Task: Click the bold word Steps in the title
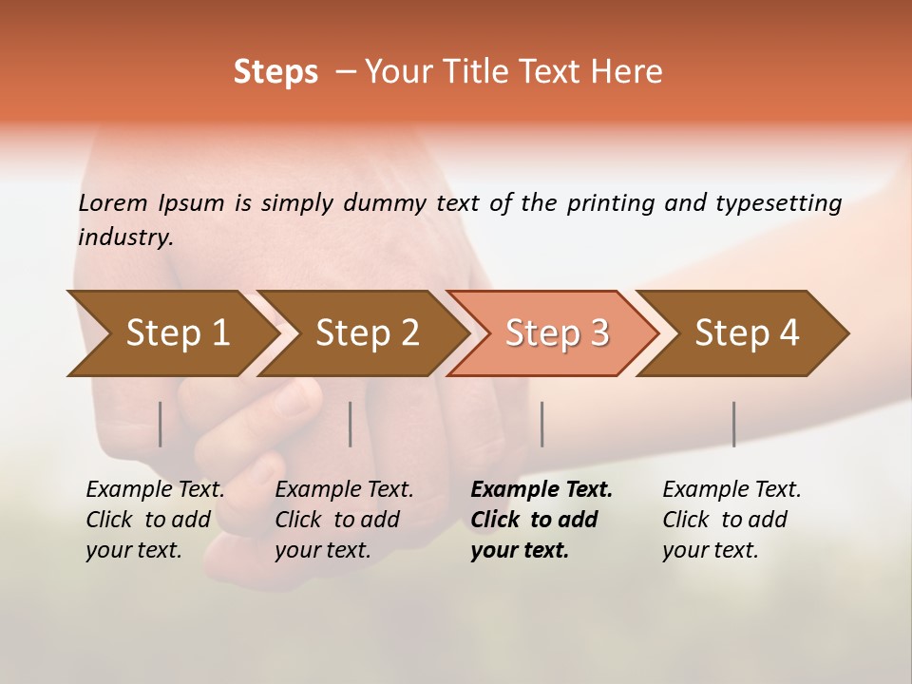[x=275, y=72]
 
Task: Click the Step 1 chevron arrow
[x=171, y=333]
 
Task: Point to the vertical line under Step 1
[x=161, y=424]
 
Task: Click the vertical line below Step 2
[x=351, y=424]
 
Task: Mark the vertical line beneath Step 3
[x=541, y=424]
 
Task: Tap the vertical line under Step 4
[x=733, y=424]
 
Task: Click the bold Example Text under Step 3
[x=541, y=490]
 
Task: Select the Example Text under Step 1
[x=155, y=490]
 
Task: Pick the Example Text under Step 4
[x=731, y=490]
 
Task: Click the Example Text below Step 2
[x=344, y=490]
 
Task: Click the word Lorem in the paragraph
[x=112, y=203]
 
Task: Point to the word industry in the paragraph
[x=124, y=237]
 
